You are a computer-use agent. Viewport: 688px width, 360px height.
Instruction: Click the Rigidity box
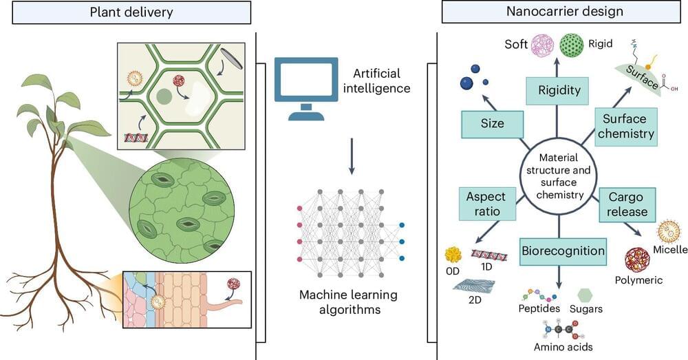(x=559, y=90)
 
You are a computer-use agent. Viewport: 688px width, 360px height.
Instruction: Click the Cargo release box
(x=625, y=203)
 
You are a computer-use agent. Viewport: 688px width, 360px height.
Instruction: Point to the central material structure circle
(x=558, y=175)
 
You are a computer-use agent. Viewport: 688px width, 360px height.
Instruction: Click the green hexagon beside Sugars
(x=584, y=295)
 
